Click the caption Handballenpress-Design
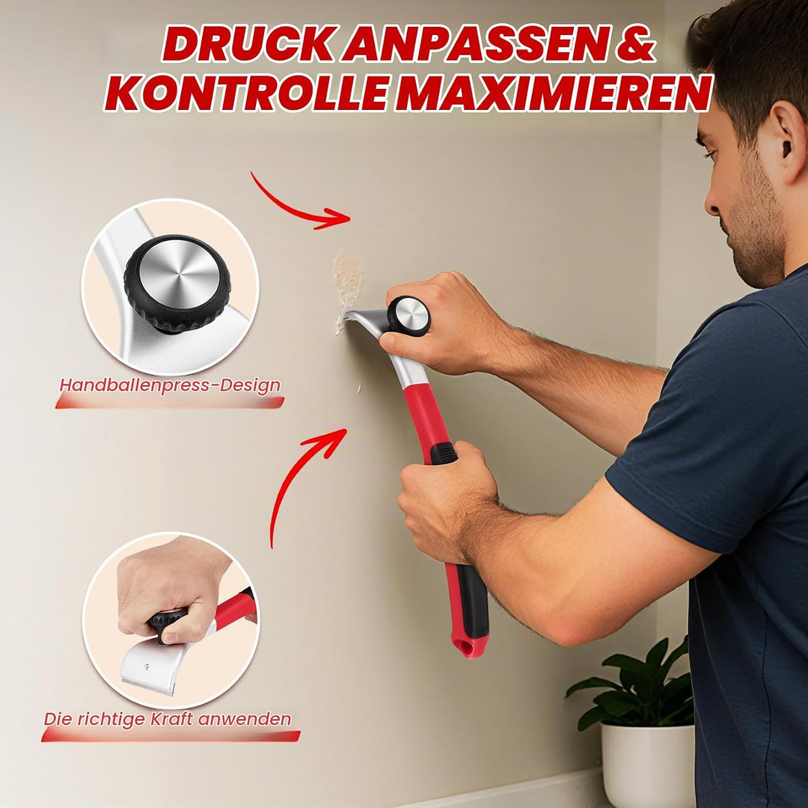(x=170, y=385)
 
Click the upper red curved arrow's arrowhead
(x=335, y=218)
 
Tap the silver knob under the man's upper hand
(x=410, y=316)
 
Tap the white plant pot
(x=648, y=765)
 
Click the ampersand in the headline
(x=635, y=45)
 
